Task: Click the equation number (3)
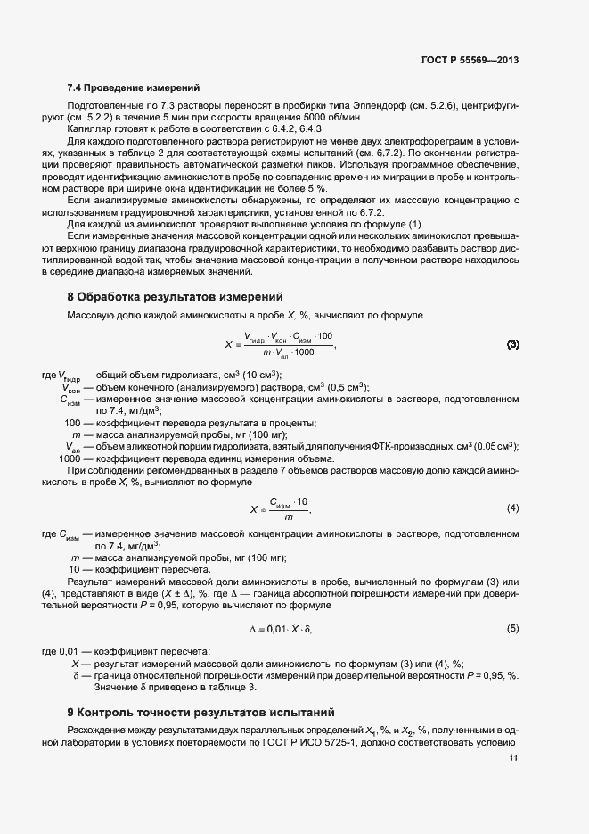pyautogui.click(x=512, y=343)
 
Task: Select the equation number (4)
pyautogui.click(x=512, y=508)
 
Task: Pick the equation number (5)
pyautogui.click(x=512, y=629)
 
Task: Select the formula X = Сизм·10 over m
pyautogui.click(x=281, y=508)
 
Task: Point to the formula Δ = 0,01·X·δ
pyautogui.click(x=282, y=629)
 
